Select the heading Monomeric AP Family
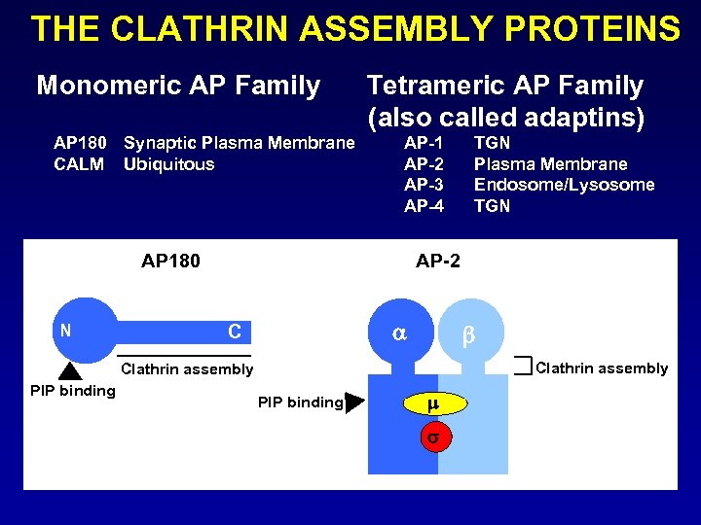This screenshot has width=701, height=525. coord(178,87)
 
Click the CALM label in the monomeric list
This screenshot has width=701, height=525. coord(79,164)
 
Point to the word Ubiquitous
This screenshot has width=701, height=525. coord(168,164)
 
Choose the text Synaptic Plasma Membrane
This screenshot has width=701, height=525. coord(239,143)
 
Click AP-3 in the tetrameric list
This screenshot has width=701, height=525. coord(424,185)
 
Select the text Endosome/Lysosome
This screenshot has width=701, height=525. coord(564,185)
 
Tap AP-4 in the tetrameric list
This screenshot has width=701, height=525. coord(424,206)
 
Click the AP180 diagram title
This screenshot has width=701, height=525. coord(170,261)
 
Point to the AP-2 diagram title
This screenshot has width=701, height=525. coord(438,261)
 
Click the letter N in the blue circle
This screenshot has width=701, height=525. coord(65,330)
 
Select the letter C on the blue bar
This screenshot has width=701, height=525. coord(235,332)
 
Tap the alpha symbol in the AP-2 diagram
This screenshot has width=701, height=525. coord(399,332)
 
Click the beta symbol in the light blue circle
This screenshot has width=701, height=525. coord(467,336)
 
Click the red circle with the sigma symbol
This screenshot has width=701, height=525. coord(433,437)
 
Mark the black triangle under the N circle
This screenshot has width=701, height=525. coord(70,369)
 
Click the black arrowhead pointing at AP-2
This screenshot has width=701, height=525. coord(354,402)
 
